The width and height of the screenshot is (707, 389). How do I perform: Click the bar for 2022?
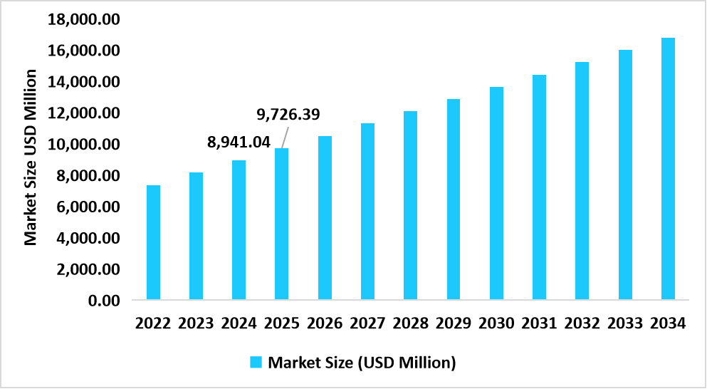click(x=153, y=242)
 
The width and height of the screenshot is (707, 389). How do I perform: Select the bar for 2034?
click(x=668, y=168)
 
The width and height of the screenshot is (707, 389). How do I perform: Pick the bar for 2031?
click(x=539, y=187)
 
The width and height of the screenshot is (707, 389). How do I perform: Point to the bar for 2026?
click(x=325, y=217)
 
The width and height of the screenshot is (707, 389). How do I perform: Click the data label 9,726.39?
click(x=288, y=114)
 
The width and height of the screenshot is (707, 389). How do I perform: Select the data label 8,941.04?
click(x=239, y=142)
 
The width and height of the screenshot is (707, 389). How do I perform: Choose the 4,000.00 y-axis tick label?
click(x=86, y=238)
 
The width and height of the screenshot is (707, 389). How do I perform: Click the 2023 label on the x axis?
click(x=196, y=323)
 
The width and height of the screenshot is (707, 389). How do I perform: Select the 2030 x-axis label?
click(x=496, y=323)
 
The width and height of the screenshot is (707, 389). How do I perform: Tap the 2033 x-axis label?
click(x=625, y=323)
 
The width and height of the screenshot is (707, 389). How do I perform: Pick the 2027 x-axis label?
click(x=367, y=323)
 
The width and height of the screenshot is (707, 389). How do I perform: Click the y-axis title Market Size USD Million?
click(x=31, y=157)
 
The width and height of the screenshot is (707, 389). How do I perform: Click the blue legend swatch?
click(x=257, y=363)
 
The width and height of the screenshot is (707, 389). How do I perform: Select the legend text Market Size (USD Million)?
click(x=362, y=363)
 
